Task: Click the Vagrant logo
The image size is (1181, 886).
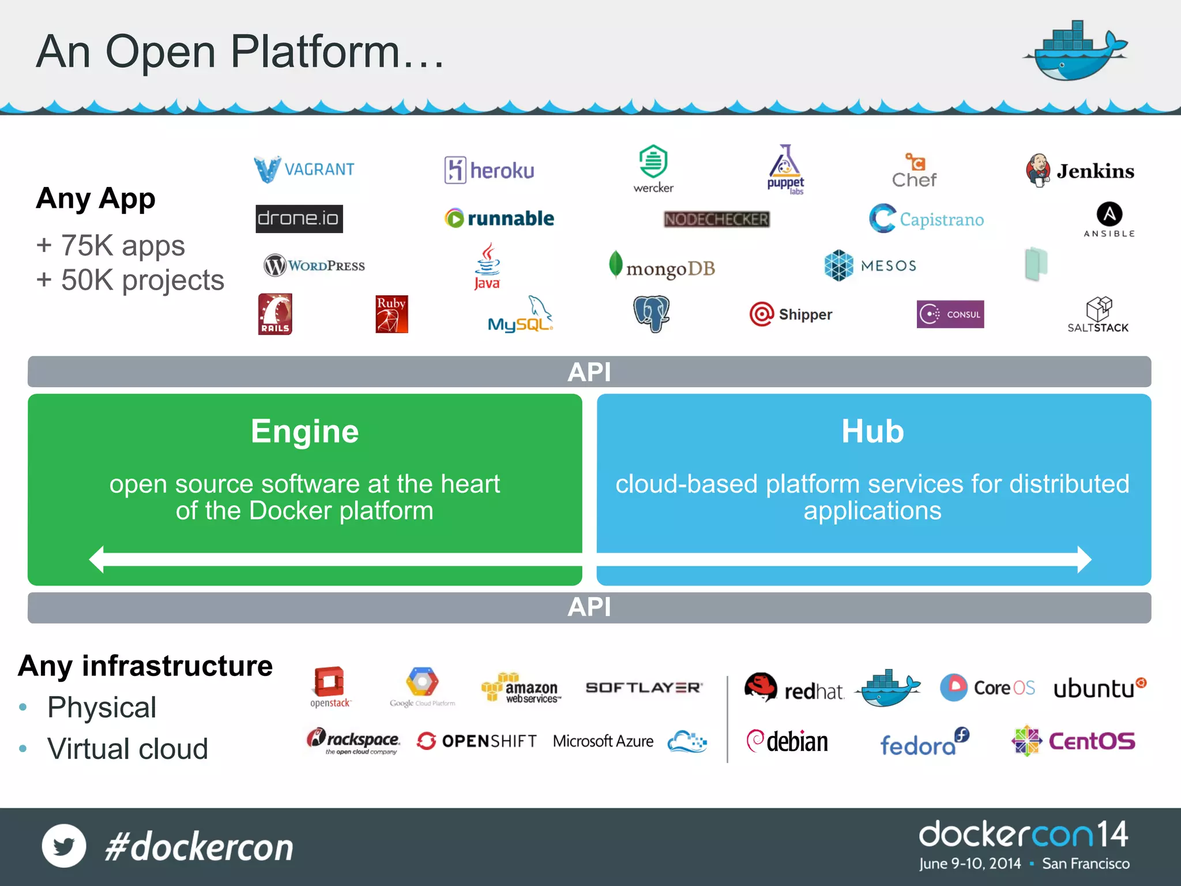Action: [x=304, y=169]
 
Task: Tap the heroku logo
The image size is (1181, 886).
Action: [x=489, y=170]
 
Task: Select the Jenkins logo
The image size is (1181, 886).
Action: [x=1080, y=171]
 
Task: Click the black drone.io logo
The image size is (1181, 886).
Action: [x=299, y=219]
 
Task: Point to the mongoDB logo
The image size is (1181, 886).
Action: [x=662, y=267]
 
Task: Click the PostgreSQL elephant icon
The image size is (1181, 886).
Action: [x=651, y=314]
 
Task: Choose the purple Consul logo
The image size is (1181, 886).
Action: [x=950, y=314]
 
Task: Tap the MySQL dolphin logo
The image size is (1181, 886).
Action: [x=520, y=315]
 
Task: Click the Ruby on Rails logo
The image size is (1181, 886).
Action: [x=275, y=314]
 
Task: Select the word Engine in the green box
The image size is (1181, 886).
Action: [x=304, y=431]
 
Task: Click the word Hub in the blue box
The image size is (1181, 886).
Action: [x=872, y=431]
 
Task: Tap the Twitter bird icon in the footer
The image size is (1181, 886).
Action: [x=64, y=846]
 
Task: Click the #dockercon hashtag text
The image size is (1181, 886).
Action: [x=199, y=847]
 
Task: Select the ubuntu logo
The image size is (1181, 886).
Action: [x=1099, y=688]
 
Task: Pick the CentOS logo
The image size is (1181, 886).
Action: [x=1073, y=741]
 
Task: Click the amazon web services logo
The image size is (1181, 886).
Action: [x=521, y=688]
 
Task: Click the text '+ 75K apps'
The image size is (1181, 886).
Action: [x=111, y=246]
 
